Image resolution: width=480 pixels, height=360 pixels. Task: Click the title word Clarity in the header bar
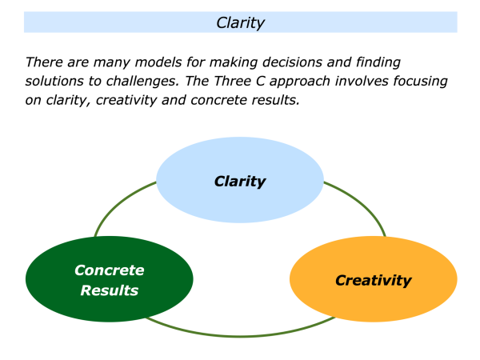240,22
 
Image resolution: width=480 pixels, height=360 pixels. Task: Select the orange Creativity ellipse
373,280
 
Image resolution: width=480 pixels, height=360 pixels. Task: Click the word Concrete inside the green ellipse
110,270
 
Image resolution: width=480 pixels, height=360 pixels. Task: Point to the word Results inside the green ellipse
110,290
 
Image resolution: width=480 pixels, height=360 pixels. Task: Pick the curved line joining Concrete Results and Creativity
240,334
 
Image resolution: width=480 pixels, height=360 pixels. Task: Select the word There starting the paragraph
45,62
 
